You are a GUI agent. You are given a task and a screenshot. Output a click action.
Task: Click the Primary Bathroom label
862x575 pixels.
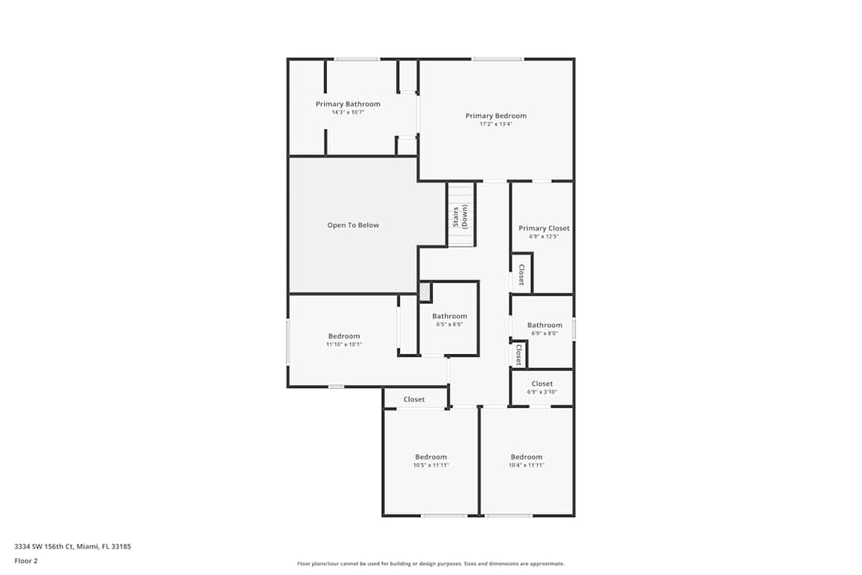coord(347,104)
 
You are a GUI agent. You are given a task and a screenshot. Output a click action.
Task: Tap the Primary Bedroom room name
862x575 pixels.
coord(496,116)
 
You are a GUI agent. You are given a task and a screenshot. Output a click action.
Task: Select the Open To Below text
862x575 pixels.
coord(353,226)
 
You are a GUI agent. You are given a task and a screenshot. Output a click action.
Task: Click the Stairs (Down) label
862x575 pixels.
coord(459,216)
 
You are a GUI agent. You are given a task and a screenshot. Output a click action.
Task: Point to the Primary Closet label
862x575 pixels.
coord(544,228)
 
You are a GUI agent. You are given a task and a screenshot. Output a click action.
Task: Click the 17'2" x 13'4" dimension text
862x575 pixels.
coord(496,124)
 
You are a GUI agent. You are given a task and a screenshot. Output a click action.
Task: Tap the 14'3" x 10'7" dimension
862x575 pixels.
coord(347,112)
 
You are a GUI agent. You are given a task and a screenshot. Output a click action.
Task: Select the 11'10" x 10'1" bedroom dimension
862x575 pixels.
coord(344,344)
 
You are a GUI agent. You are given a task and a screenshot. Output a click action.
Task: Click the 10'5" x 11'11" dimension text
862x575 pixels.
coord(431,465)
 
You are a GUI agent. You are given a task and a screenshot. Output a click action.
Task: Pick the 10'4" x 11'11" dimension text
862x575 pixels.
coord(526,465)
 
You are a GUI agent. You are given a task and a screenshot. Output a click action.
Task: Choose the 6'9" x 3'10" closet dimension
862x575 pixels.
coord(542,391)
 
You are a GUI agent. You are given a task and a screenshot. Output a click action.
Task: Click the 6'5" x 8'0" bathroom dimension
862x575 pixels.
coord(449,324)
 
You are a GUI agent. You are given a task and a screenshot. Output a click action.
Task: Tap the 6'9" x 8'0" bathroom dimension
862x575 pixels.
coord(544,333)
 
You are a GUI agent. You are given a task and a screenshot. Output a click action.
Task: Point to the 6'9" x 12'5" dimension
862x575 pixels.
coord(544,236)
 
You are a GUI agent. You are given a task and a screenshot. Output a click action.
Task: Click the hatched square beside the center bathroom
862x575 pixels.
coord(425,291)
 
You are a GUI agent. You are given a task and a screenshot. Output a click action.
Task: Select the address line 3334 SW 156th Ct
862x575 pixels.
coord(72,546)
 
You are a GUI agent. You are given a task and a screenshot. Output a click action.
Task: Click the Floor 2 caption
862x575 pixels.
coord(26,560)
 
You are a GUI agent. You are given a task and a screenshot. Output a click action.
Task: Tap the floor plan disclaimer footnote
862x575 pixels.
coord(432,564)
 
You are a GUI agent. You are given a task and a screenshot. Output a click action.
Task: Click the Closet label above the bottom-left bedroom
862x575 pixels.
coord(414,399)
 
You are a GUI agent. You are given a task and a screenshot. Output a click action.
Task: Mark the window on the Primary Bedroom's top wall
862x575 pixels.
coord(497,59)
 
